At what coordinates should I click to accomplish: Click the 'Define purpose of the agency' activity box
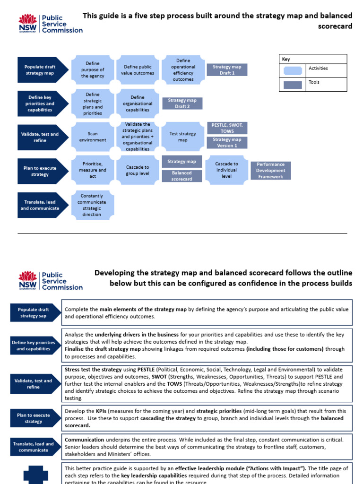pos(93,70)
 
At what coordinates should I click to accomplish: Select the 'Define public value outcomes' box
pos(138,70)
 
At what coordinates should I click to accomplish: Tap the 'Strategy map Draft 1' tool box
pos(227,70)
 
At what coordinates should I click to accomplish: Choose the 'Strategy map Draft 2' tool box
pos(182,104)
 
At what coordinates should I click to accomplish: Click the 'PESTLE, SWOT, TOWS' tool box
pos(227,128)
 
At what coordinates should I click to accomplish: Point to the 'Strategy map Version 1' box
pos(227,143)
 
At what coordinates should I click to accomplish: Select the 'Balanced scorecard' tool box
pos(182,176)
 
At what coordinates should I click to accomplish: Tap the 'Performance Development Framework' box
pos(270,171)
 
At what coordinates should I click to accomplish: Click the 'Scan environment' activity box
pos(93,137)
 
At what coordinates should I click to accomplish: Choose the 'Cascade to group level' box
pos(138,170)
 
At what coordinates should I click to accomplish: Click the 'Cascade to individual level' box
pos(227,170)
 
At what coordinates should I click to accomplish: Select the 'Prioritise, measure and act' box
pos(93,170)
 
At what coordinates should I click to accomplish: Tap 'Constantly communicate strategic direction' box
pos(93,205)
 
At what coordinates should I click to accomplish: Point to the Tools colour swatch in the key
pos(293,85)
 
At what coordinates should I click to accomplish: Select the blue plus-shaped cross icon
pos(36,475)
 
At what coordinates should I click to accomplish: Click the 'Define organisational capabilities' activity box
pos(138,104)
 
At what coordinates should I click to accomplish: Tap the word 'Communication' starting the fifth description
pos(84,440)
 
